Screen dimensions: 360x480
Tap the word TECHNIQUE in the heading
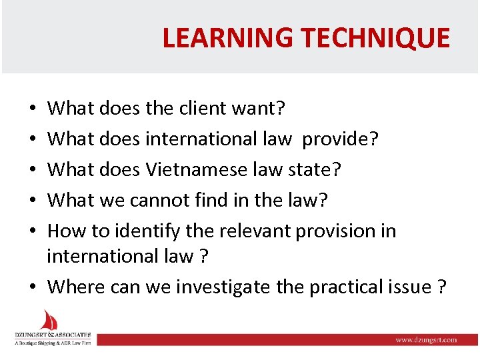pyautogui.click(x=375, y=38)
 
